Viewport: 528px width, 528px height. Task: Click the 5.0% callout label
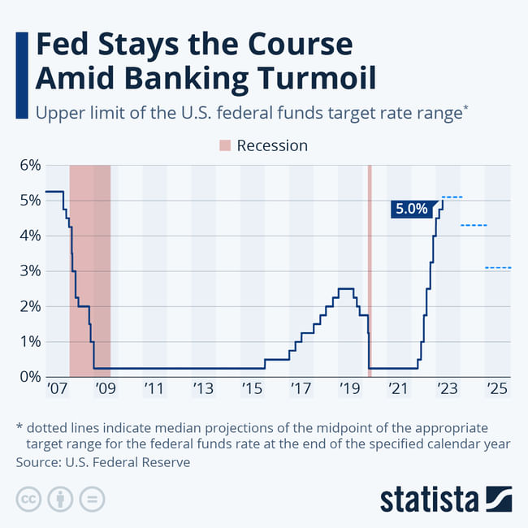pyautogui.click(x=411, y=209)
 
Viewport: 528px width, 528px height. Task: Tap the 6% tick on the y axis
pyautogui.click(x=31, y=166)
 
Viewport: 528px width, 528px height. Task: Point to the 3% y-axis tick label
pyautogui.click(x=31, y=271)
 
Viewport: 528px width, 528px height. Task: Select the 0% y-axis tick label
pyautogui.click(x=31, y=377)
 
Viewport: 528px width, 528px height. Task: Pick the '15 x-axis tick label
pyautogui.click(x=253, y=391)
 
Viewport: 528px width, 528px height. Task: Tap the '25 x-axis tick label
pyautogui.click(x=498, y=391)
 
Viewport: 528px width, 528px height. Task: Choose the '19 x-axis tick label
pyautogui.click(x=351, y=391)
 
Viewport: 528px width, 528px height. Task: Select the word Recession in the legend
pyautogui.click(x=272, y=146)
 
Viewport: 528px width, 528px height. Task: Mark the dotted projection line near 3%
pyautogui.click(x=498, y=267)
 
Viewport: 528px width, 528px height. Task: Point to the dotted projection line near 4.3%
pyautogui.click(x=474, y=225)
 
